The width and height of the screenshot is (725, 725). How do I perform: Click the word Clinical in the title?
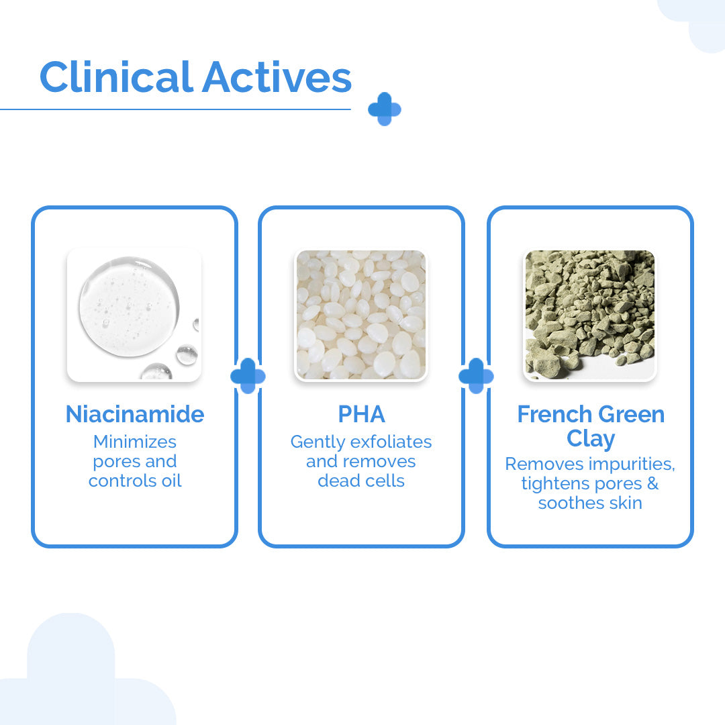[116, 77]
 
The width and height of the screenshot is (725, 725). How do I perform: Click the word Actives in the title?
[277, 77]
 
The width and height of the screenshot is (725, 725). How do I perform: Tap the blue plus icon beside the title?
[384, 109]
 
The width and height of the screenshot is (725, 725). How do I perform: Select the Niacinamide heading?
[135, 414]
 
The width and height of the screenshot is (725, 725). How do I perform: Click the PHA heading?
[361, 414]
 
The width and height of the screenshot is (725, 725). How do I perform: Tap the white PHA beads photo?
[361, 315]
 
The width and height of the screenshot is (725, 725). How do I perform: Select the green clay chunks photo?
[590, 315]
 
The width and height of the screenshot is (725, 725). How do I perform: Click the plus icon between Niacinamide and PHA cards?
[248, 376]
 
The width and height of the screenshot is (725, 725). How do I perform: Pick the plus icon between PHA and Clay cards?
[476, 376]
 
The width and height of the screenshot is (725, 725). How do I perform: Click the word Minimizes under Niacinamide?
[135, 442]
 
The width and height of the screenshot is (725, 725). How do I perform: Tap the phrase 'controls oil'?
[135, 481]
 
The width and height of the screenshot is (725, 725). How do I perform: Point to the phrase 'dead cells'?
[361, 481]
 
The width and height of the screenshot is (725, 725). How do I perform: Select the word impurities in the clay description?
[628, 464]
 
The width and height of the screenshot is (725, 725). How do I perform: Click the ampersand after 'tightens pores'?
[652, 483]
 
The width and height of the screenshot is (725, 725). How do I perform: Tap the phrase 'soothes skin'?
[590, 503]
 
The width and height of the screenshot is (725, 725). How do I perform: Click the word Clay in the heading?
[591, 438]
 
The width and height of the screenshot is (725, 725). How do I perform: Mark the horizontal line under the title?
[175, 109]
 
